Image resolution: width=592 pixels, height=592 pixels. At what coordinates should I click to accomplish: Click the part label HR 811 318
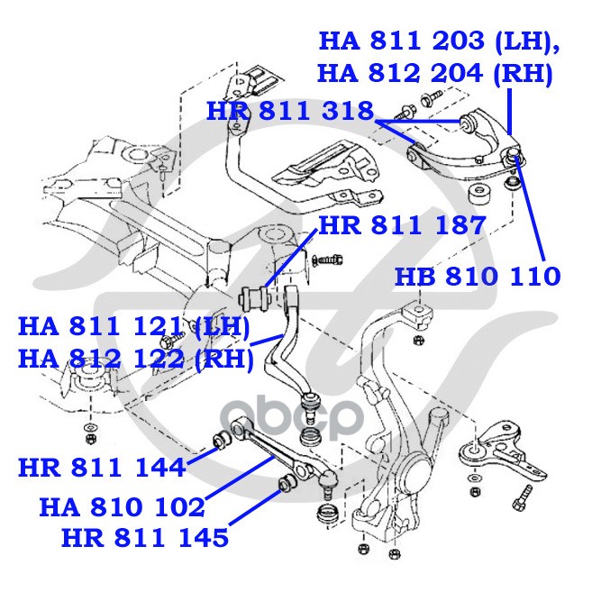[x=290, y=111]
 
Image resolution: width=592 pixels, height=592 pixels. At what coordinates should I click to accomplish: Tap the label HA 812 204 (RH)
[x=435, y=73]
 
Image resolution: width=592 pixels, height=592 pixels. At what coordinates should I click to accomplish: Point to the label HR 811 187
[x=402, y=225]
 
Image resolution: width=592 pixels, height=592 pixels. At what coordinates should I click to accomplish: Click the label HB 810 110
[x=478, y=276]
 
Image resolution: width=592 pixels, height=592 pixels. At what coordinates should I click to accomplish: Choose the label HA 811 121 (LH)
[x=134, y=327]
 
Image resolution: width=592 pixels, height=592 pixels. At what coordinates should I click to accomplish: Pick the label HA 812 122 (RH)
[x=135, y=359]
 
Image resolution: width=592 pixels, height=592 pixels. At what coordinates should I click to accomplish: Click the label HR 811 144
[x=102, y=468]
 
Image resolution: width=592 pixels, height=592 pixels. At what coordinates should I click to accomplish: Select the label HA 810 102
[x=122, y=507]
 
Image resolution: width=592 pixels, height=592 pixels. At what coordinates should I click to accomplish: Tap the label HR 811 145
[x=145, y=538]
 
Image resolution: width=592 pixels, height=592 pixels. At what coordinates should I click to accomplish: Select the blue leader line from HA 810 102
[x=239, y=478]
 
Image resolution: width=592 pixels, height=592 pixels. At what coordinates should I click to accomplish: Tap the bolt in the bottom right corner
[x=522, y=497]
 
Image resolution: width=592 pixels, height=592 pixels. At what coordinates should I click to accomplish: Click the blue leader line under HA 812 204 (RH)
[x=509, y=111]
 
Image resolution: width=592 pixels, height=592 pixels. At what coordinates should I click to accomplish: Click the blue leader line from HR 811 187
[x=291, y=261]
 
